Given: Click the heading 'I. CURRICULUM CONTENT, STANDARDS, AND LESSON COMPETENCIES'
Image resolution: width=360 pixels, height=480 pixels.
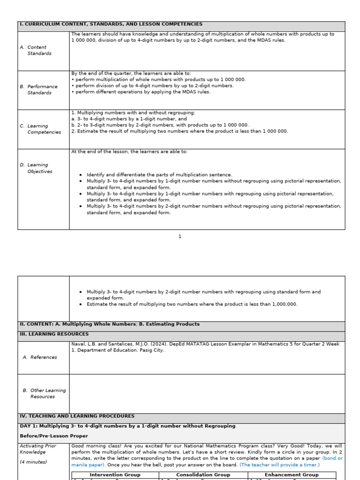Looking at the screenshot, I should [x=111, y=24].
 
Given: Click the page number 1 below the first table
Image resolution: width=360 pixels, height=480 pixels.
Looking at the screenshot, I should [x=180, y=237].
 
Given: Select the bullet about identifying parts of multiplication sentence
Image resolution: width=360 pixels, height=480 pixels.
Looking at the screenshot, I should [x=159, y=175].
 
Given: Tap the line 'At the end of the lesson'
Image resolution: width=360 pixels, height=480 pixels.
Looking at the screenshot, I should [x=129, y=152].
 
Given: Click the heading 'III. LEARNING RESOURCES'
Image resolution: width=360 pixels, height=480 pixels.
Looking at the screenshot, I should [x=54, y=334].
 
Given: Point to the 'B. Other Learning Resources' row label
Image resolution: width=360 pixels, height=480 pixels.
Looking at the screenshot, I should [x=44, y=393].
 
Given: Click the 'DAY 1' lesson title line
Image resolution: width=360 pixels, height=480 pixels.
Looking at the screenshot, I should [x=127, y=426].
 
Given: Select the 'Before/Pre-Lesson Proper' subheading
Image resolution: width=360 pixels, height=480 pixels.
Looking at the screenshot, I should [x=47, y=436].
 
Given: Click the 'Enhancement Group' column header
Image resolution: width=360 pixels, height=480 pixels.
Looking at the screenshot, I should [x=292, y=475].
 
